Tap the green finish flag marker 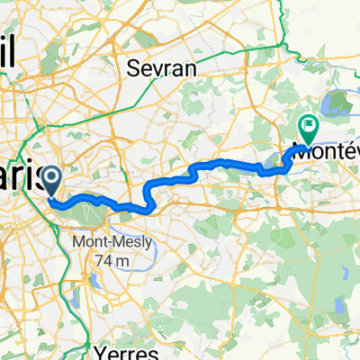308,129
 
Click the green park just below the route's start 90,211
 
